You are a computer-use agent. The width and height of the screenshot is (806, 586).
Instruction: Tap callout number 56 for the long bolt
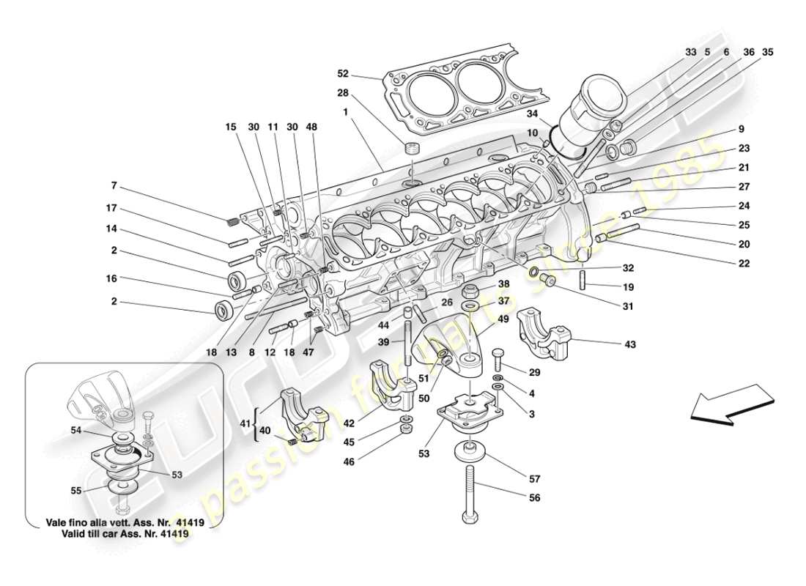[x=535, y=497]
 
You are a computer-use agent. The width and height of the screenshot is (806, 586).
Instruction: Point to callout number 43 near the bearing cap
[x=630, y=344]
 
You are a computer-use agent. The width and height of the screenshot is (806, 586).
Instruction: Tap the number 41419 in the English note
[x=175, y=535]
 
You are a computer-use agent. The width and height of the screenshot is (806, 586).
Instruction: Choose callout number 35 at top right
[x=767, y=52]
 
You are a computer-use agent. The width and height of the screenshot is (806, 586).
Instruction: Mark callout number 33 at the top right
[x=691, y=52]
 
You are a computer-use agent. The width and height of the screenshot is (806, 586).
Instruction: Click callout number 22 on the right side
[x=744, y=263]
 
